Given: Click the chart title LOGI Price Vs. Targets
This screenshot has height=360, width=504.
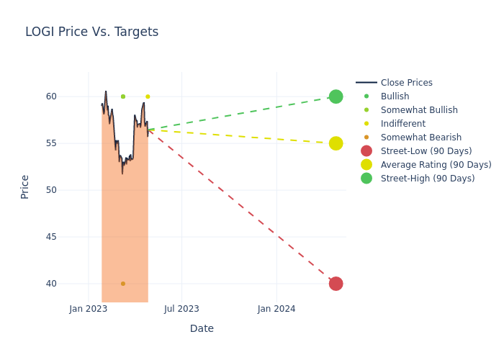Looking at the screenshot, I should click(91, 32).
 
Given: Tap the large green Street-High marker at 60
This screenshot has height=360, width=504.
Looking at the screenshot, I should click(336, 96).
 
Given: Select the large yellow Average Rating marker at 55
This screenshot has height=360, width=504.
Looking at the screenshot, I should click(336, 143).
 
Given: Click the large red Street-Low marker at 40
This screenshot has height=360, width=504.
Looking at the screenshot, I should click(336, 284).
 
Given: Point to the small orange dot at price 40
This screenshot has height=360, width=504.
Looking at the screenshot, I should click(123, 284).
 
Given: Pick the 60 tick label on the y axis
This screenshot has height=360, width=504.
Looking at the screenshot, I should click(71, 96).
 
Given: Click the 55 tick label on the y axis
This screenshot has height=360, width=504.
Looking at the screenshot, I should click(71, 143).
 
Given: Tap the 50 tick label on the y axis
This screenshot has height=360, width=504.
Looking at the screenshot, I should click(71, 190).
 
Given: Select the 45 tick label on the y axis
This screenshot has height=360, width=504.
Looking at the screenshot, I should click(71, 237).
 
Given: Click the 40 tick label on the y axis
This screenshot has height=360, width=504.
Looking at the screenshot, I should click(71, 284).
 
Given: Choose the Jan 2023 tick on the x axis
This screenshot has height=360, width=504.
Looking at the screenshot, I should click(89, 309).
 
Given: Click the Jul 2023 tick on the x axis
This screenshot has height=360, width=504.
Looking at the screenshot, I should click(181, 309).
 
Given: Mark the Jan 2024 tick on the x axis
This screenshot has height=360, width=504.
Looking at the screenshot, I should click(276, 309).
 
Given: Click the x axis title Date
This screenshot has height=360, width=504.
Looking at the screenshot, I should click(202, 329).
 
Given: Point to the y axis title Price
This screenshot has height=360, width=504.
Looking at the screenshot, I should click(25, 186).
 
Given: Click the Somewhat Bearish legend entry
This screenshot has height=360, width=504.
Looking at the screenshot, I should click(420, 138).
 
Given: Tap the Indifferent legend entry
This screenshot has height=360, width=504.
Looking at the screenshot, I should click(402, 124).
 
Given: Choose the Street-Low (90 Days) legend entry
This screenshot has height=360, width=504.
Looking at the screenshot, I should click(426, 151).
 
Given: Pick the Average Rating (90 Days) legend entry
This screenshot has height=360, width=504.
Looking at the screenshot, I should click(436, 165).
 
